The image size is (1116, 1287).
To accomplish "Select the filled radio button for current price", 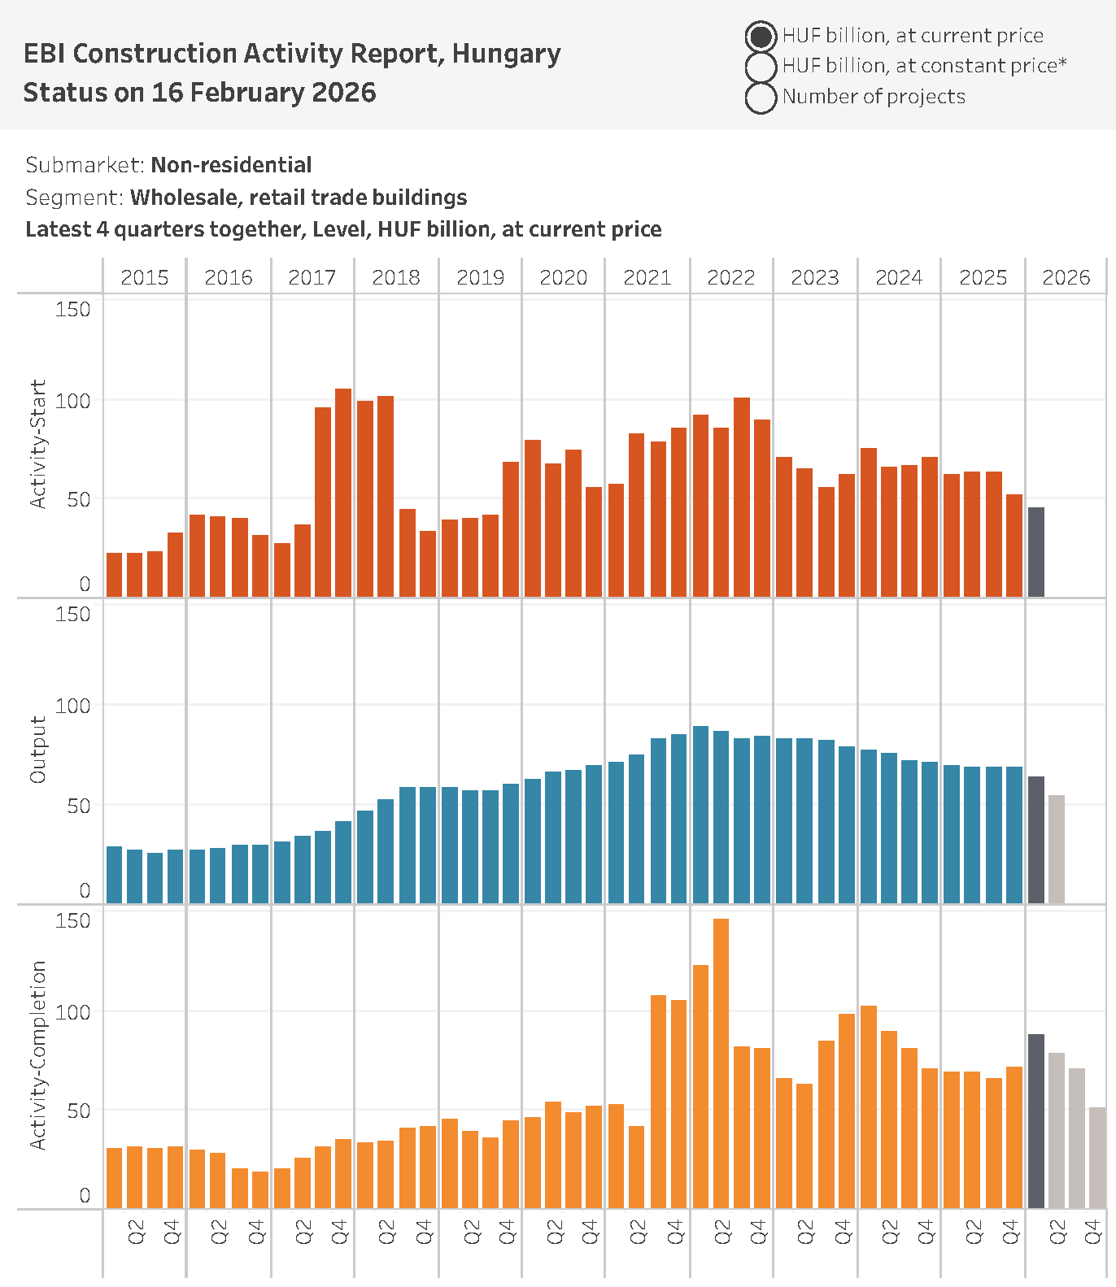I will click(761, 37).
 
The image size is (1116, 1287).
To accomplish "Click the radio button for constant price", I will click(761, 67).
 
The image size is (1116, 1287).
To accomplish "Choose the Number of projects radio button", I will click(761, 98).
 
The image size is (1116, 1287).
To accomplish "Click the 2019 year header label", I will click(480, 278).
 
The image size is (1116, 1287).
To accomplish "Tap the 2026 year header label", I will click(1066, 278).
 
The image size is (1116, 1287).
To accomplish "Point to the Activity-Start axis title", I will click(37, 444).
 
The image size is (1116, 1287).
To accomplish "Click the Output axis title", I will click(37, 750).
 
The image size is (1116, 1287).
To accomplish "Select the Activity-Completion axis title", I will click(37, 1055).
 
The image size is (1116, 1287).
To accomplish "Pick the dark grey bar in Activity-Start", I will click(1036, 553).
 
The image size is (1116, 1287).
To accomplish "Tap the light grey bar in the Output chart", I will click(1057, 850).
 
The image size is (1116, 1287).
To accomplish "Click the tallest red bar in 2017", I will click(343, 493).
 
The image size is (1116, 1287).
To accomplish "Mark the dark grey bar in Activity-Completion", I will click(1036, 1122).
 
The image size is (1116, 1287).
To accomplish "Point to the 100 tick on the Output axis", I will click(73, 706).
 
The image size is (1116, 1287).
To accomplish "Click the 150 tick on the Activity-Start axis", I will click(73, 310).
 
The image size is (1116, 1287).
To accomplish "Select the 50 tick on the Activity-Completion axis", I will click(79, 1111).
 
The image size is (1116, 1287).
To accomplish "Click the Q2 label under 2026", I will click(1057, 1232).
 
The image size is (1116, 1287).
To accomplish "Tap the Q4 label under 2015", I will click(172, 1232).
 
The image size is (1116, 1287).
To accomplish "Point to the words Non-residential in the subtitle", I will click(231, 165).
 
